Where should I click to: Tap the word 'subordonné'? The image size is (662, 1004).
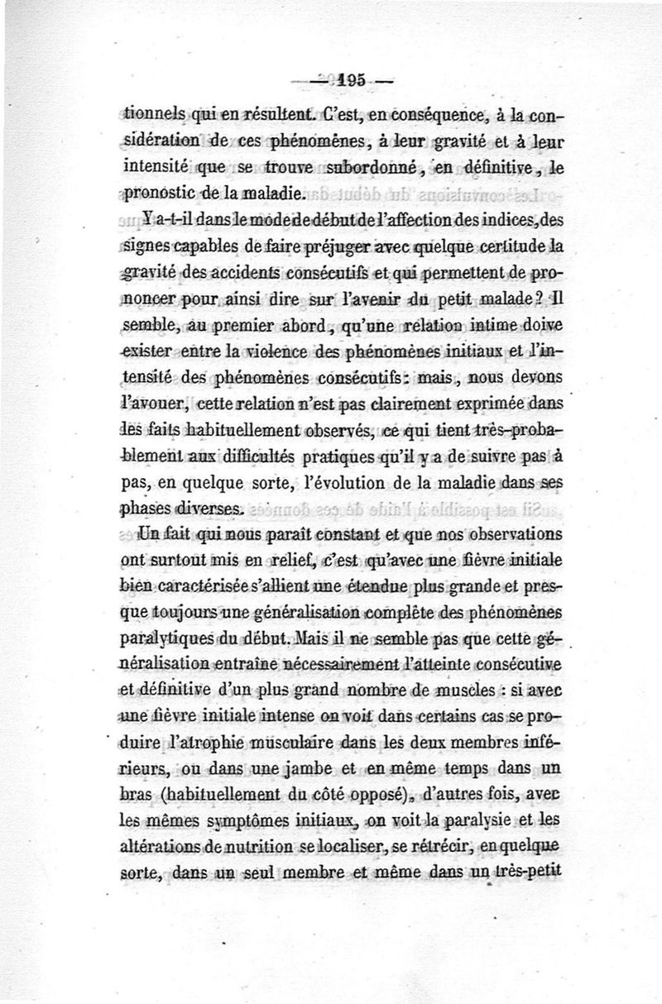[x=363, y=171]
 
